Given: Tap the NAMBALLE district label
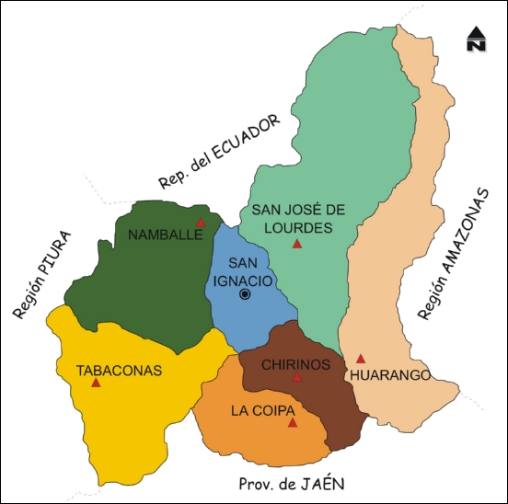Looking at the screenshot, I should point(165,235).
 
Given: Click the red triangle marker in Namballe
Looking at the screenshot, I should point(201,222).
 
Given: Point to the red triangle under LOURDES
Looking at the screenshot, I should point(296,244).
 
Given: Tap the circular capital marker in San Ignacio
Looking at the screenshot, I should point(245,293).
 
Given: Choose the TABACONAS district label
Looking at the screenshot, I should point(119,371).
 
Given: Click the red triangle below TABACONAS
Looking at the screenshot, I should point(96,382).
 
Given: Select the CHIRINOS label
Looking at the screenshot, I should point(295,364).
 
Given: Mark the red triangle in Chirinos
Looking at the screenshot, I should point(296,377).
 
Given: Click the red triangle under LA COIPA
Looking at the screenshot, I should point(293,422).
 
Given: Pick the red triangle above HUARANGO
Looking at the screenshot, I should point(361,359).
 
